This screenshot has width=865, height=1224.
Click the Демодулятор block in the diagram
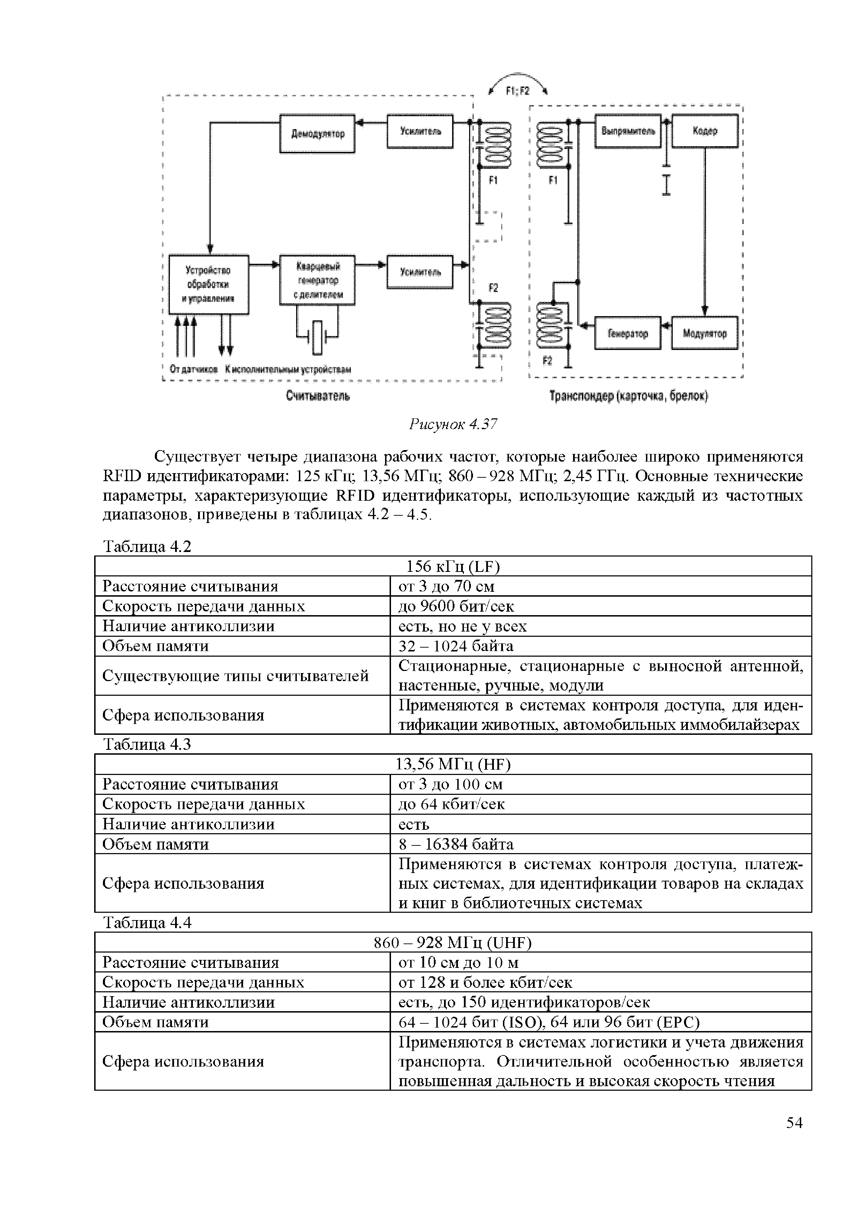pos(318,133)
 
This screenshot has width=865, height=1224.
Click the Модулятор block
pos(705,333)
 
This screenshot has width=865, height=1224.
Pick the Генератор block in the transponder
pos(627,333)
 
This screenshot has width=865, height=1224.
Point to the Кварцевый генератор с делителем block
pos(318,280)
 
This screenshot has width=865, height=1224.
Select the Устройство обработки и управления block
pos(208,284)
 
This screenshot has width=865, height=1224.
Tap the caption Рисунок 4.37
pos(452,424)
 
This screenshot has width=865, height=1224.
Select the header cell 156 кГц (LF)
pos(452,566)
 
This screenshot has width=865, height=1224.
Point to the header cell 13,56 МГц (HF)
pos(452,764)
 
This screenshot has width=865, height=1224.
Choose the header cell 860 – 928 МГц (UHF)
pos(452,943)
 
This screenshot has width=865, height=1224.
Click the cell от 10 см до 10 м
pos(458,963)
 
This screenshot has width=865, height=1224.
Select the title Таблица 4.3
pos(146,744)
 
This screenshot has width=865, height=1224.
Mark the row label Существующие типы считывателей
pos(235,676)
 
